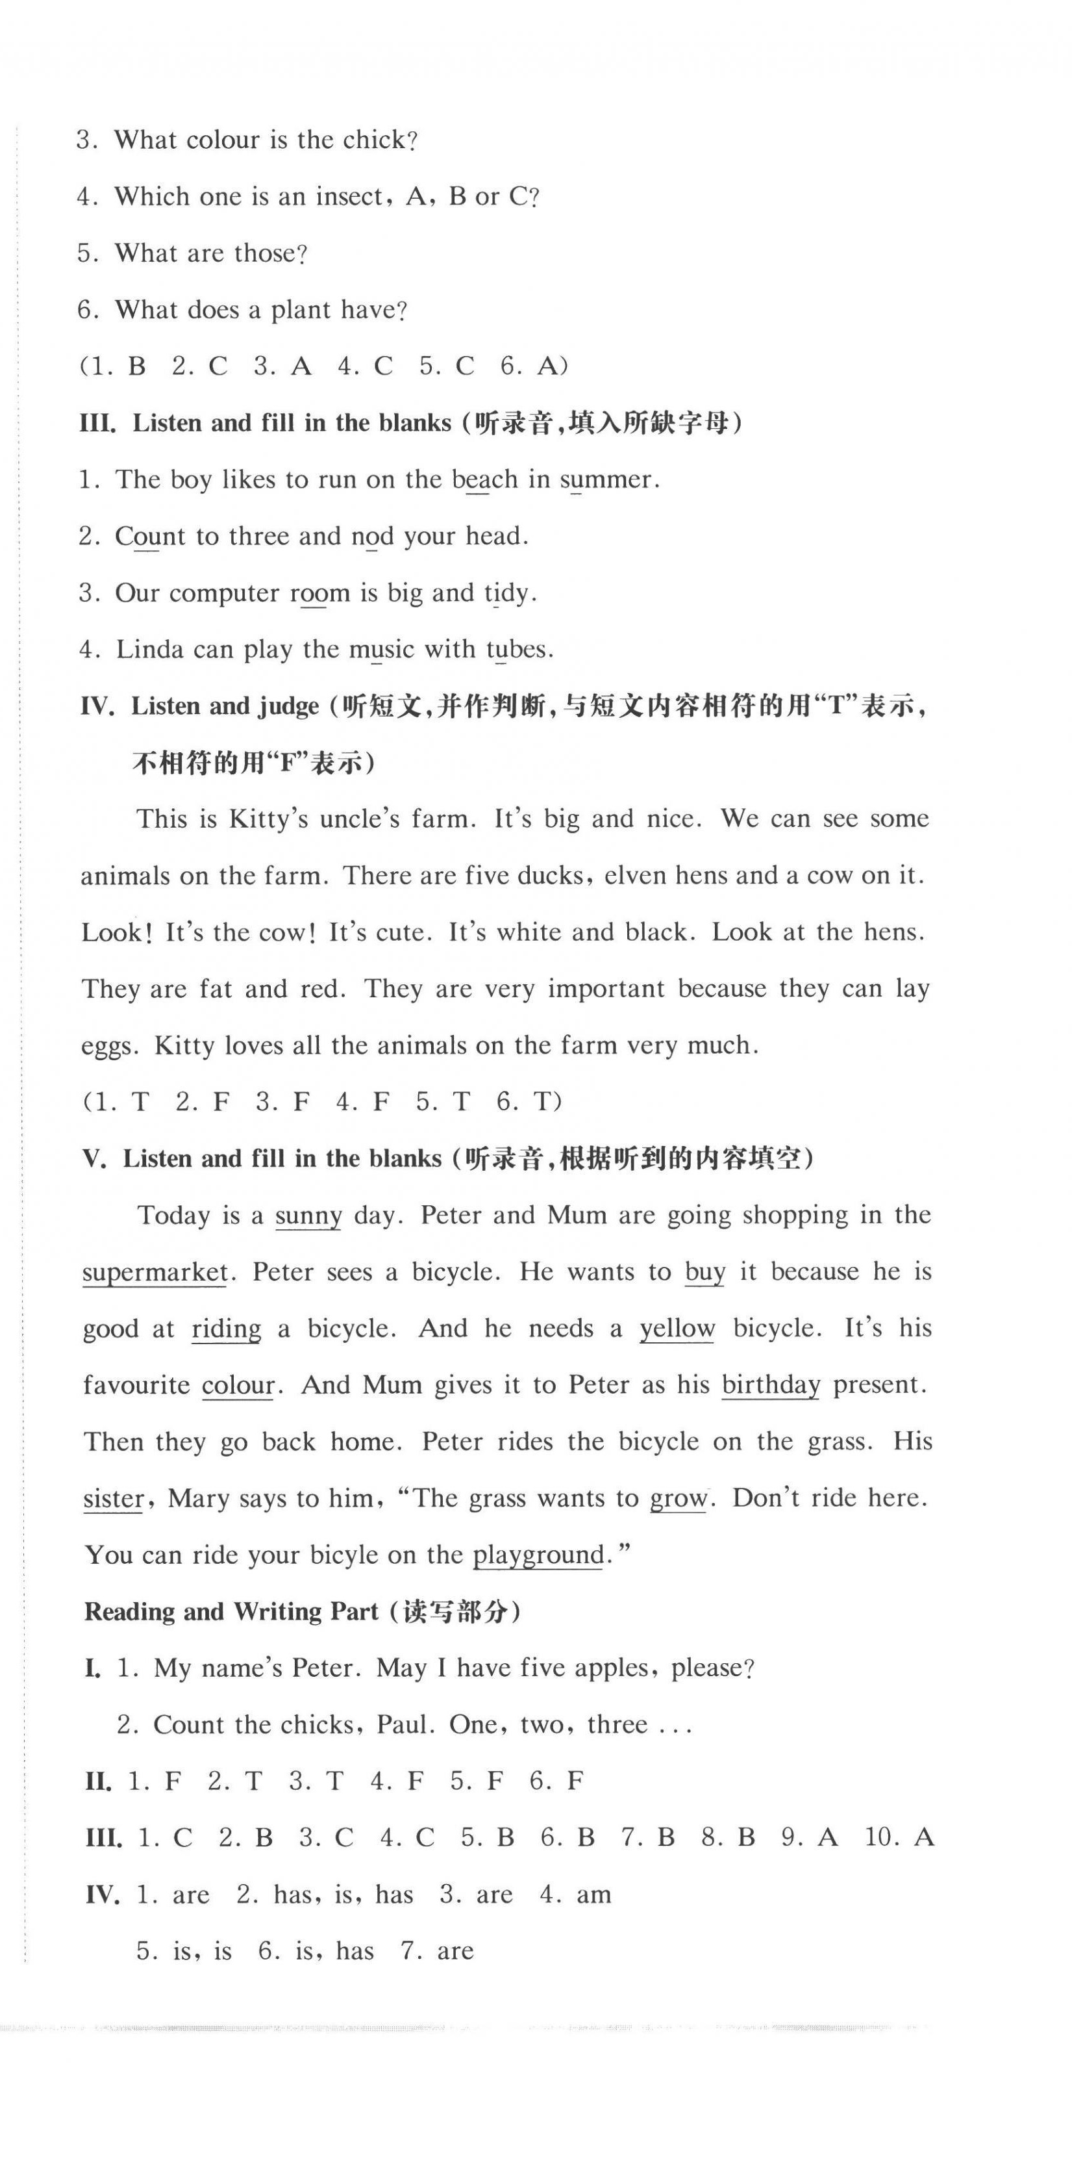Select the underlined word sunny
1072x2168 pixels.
pyautogui.click(x=308, y=1216)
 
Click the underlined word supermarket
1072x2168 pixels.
pyautogui.click(x=155, y=1273)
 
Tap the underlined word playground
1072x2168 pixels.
pyautogui.click(x=538, y=1555)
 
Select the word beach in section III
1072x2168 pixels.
pyautogui.click(x=484, y=479)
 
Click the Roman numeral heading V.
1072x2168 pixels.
pyautogui.click(x=94, y=1160)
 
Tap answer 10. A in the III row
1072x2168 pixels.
pyautogui.click(x=899, y=1837)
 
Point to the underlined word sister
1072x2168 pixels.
pyautogui.click(x=114, y=1499)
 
